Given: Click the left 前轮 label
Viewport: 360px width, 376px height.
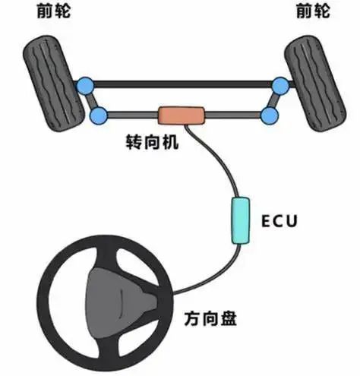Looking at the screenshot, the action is (53, 11).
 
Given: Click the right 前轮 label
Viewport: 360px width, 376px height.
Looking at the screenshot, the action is (313, 11).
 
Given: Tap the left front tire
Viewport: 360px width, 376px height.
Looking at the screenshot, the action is (54, 83).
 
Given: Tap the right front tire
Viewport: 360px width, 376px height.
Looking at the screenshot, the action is (315, 83).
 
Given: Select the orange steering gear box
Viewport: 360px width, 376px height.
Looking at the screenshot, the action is (182, 115).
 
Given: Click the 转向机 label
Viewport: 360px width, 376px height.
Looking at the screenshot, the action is (152, 142).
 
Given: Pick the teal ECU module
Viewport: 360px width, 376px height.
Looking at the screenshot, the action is (241, 220).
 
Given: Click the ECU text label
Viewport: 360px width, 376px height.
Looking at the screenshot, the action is (279, 221).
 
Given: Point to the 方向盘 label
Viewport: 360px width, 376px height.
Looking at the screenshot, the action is (210, 318).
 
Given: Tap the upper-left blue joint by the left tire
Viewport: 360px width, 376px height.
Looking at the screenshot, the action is (85, 86).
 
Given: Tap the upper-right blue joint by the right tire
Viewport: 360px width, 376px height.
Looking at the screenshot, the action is (280, 86).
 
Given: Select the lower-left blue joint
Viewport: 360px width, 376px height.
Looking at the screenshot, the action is (99, 115).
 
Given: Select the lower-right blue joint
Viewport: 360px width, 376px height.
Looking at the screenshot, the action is (270, 115).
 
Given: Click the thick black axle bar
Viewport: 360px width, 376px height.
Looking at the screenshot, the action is (183, 84).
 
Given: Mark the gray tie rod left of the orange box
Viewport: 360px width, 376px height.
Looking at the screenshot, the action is (133, 115).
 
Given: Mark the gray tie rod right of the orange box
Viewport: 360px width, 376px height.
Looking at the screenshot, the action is (233, 115).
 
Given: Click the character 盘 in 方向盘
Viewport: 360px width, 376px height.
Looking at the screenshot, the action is (229, 318).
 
